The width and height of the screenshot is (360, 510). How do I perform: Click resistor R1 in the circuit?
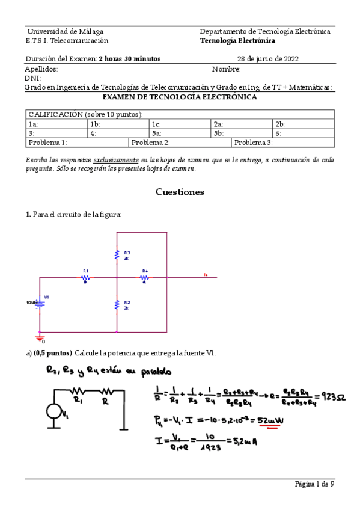pos(86,277)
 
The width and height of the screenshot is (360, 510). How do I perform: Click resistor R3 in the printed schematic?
pos(117,255)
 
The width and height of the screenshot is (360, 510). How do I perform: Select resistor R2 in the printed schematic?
pos(117,305)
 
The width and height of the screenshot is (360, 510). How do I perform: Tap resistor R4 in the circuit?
pos(145,277)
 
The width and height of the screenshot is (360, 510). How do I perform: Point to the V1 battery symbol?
pos(40,304)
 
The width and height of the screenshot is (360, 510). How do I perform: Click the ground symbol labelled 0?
pos(40,339)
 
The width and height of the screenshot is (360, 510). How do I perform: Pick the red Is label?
pos(206,275)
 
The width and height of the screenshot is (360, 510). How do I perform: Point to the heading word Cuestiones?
pos(180,192)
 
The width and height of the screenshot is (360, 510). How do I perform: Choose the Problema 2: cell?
pos(150,143)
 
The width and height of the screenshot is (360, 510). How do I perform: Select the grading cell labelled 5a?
pos(156,134)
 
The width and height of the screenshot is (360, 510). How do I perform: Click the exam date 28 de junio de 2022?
pos(268,59)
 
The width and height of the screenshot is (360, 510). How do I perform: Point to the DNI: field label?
pos(32,78)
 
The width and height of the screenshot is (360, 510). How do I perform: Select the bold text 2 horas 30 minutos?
pos(129,59)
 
